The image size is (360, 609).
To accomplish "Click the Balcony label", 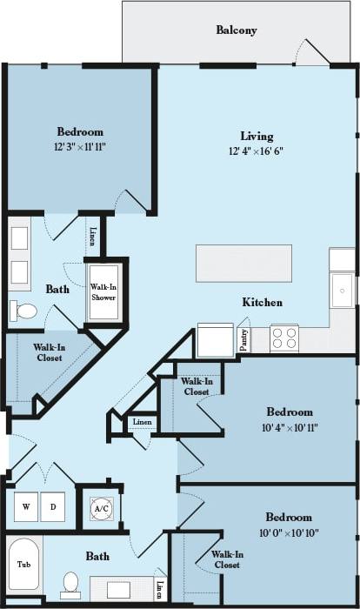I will [236, 30].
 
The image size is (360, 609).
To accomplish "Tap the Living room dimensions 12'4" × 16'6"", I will [257, 151].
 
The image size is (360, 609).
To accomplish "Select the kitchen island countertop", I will [243, 263].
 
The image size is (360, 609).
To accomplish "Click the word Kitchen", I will [262, 303].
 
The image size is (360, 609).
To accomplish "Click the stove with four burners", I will [284, 338].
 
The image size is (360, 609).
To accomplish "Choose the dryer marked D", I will [52, 506].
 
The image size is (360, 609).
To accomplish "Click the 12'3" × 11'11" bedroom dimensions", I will [80, 147].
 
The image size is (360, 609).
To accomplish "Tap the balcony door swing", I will [311, 52].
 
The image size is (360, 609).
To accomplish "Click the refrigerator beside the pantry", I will [215, 340].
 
